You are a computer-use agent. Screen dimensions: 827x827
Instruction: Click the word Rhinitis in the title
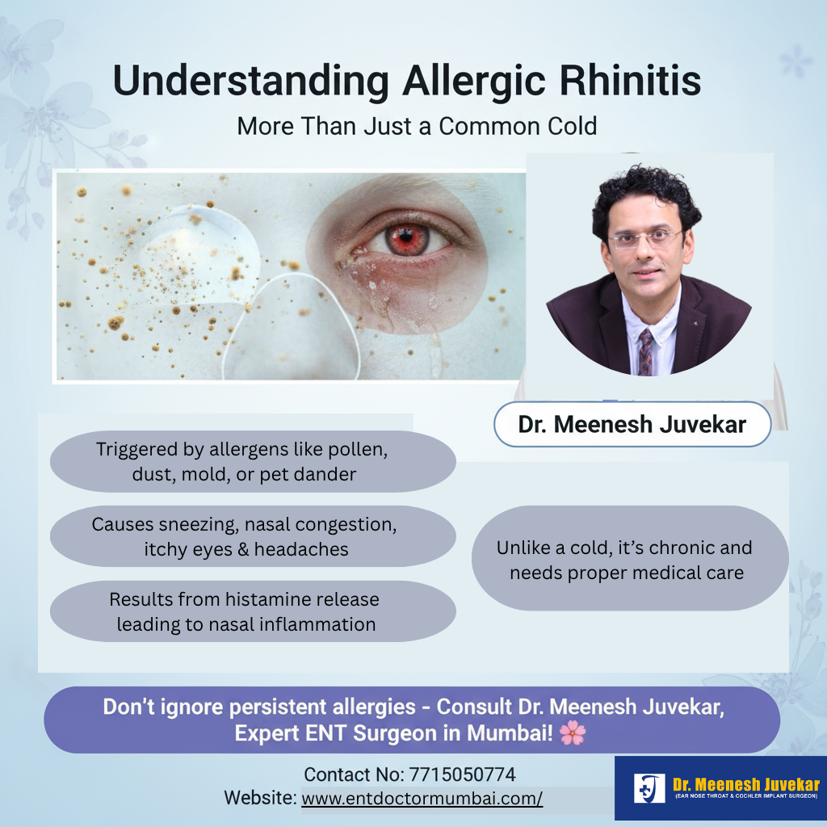click(x=630, y=81)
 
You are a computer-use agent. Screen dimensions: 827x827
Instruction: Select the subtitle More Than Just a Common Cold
click(x=417, y=126)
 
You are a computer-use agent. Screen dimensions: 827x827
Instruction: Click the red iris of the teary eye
click(x=406, y=239)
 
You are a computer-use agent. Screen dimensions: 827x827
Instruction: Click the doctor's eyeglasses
click(x=645, y=239)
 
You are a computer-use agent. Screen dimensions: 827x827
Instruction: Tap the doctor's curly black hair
click(x=645, y=195)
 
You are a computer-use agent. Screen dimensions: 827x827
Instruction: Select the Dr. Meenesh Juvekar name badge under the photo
click(x=632, y=425)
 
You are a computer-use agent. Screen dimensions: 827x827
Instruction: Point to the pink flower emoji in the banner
click(x=573, y=733)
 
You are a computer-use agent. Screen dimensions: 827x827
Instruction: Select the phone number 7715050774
click(x=462, y=775)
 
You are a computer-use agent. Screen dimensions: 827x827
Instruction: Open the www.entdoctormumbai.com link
click(x=422, y=799)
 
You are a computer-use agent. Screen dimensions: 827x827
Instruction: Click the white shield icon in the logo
click(x=649, y=788)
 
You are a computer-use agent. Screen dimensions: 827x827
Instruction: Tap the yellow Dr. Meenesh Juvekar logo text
click(x=746, y=784)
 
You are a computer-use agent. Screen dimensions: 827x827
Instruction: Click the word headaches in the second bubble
click(x=301, y=549)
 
